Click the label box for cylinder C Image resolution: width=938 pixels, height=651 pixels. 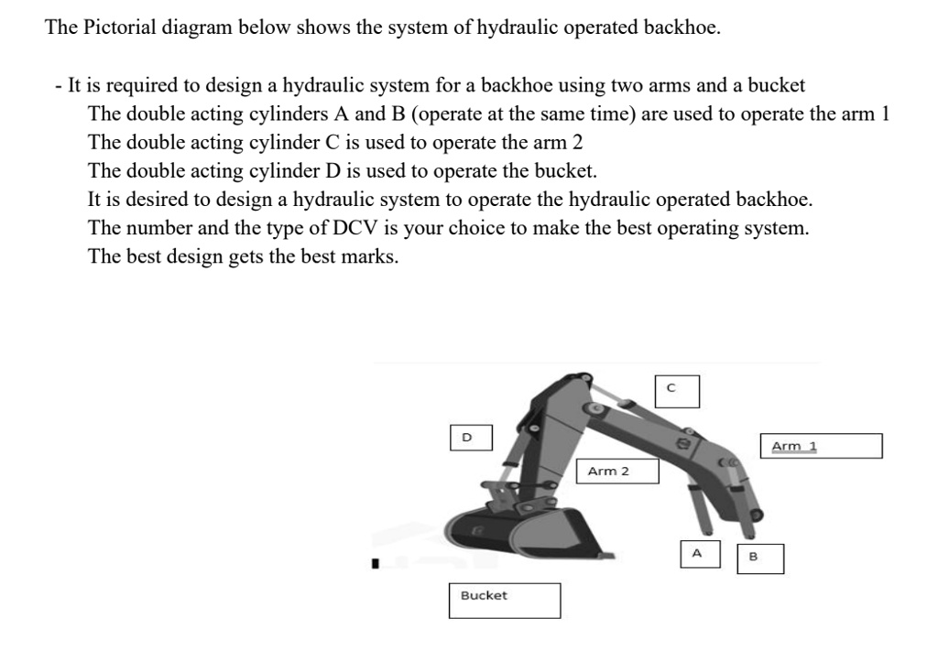[x=677, y=390]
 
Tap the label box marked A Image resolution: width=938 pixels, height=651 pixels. [x=697, y=554]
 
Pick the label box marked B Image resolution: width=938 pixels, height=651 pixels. [x=760, y=558]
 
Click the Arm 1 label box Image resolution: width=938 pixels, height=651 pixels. [x=821, y=446]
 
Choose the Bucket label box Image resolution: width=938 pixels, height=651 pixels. [x=504, y=600]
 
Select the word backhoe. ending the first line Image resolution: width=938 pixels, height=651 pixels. [x=682, y=27]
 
